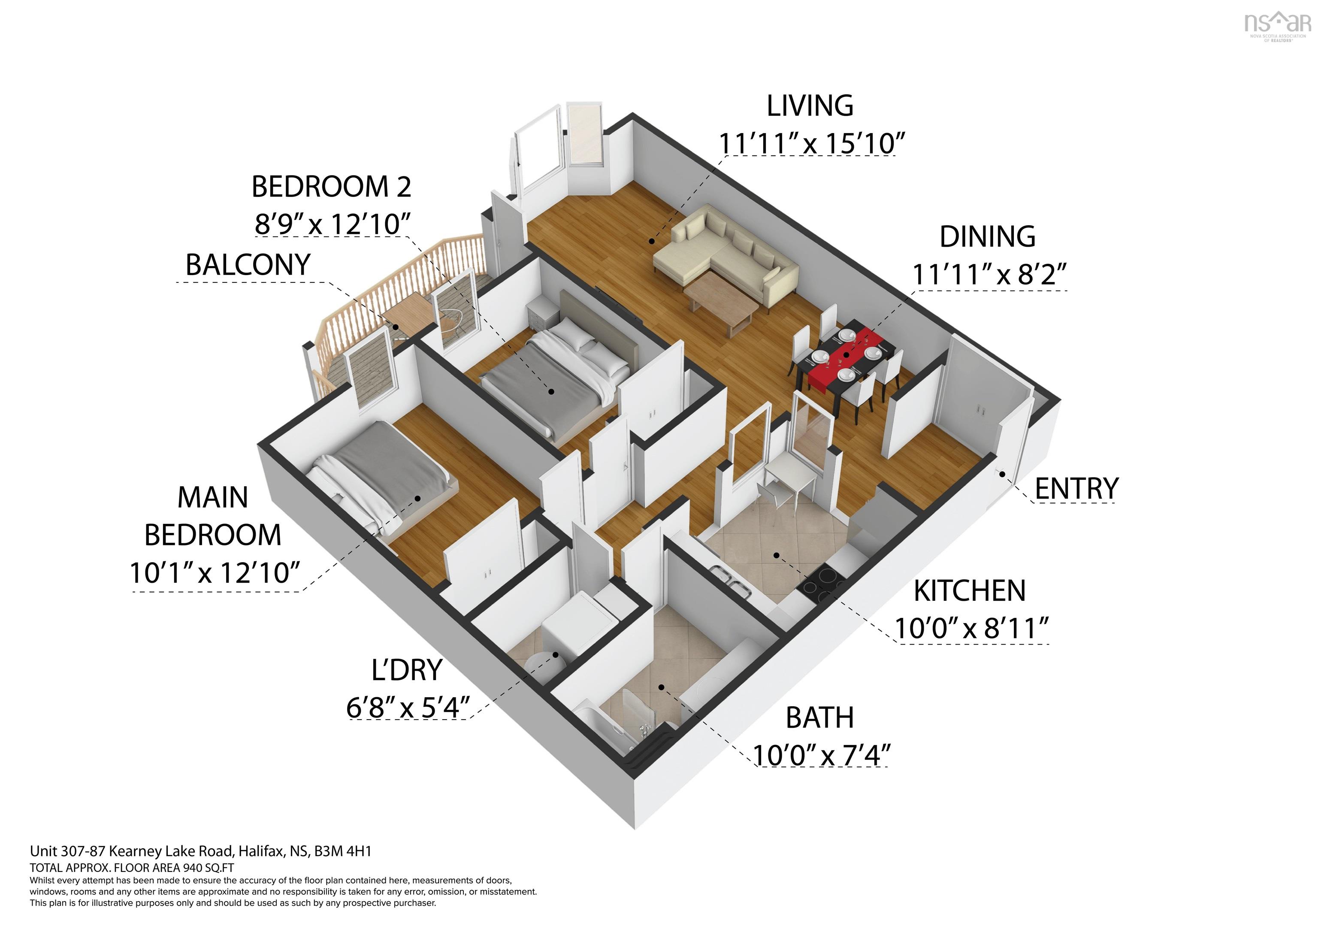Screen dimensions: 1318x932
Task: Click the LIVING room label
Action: pos(810,106)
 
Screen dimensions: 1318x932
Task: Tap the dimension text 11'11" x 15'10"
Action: pos(812,143)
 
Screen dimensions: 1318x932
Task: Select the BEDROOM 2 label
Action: pos(332,187)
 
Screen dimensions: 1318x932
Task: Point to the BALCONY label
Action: pos(248,265)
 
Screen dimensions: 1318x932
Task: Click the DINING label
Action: pos(987,236)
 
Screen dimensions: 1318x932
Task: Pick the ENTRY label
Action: pos(1076,489)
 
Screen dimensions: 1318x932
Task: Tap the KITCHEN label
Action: pos(970,591)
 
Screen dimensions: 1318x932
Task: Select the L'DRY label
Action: pos(407,670)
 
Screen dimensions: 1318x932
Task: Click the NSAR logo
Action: pos(1278,26)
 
